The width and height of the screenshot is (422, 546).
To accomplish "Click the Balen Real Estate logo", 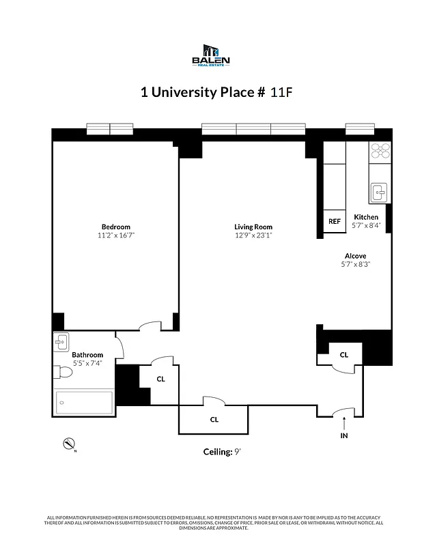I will (210, 55).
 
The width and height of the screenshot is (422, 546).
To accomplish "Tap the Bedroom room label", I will (115, 227).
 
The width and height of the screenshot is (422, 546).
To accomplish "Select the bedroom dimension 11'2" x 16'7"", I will (115, 235).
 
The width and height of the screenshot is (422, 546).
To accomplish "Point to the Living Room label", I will (253, 227).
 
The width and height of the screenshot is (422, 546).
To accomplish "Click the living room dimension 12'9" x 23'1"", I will (253, 235).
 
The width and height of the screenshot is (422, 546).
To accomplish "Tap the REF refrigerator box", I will (334, 221).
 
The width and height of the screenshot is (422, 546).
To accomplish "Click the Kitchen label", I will (366, 217).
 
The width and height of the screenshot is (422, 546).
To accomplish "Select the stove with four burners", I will (380, 150).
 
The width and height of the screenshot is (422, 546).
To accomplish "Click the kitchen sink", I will (379, 193).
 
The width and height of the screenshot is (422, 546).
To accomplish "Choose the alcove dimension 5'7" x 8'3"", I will (356, 264).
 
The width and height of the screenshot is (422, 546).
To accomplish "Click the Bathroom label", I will (87, 355).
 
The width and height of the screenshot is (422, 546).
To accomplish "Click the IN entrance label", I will (344, 435).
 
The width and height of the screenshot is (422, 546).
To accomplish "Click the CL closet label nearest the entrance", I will (344, 354).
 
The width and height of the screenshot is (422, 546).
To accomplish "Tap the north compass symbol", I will (68, 444).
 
